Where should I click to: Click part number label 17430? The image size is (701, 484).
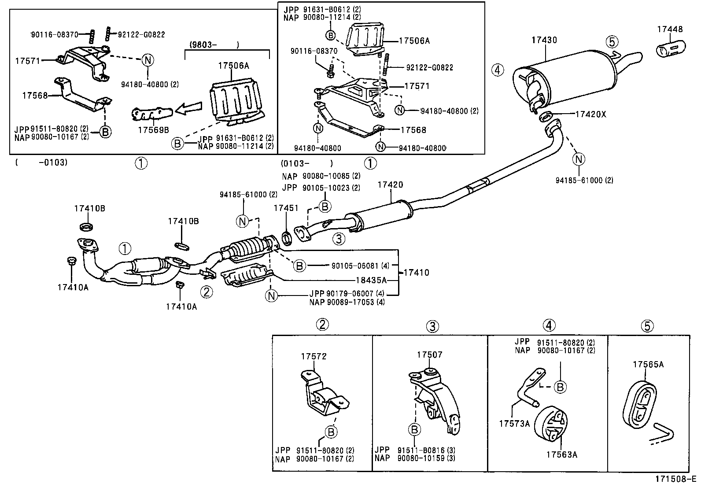[544, 40]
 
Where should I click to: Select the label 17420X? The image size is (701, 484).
[591, 115]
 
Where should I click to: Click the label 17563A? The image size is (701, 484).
[562, 454]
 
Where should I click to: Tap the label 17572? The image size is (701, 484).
[314, 356]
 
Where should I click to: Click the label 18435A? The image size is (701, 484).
[371, 280]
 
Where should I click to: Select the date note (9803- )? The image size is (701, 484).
[214, 44]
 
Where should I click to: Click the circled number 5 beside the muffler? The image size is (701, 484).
[612, 42]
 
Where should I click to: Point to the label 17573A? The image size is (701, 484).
[514, 423]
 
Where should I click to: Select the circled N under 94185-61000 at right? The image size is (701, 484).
[579, 159]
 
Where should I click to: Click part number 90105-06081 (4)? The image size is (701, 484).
[360, 266]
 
